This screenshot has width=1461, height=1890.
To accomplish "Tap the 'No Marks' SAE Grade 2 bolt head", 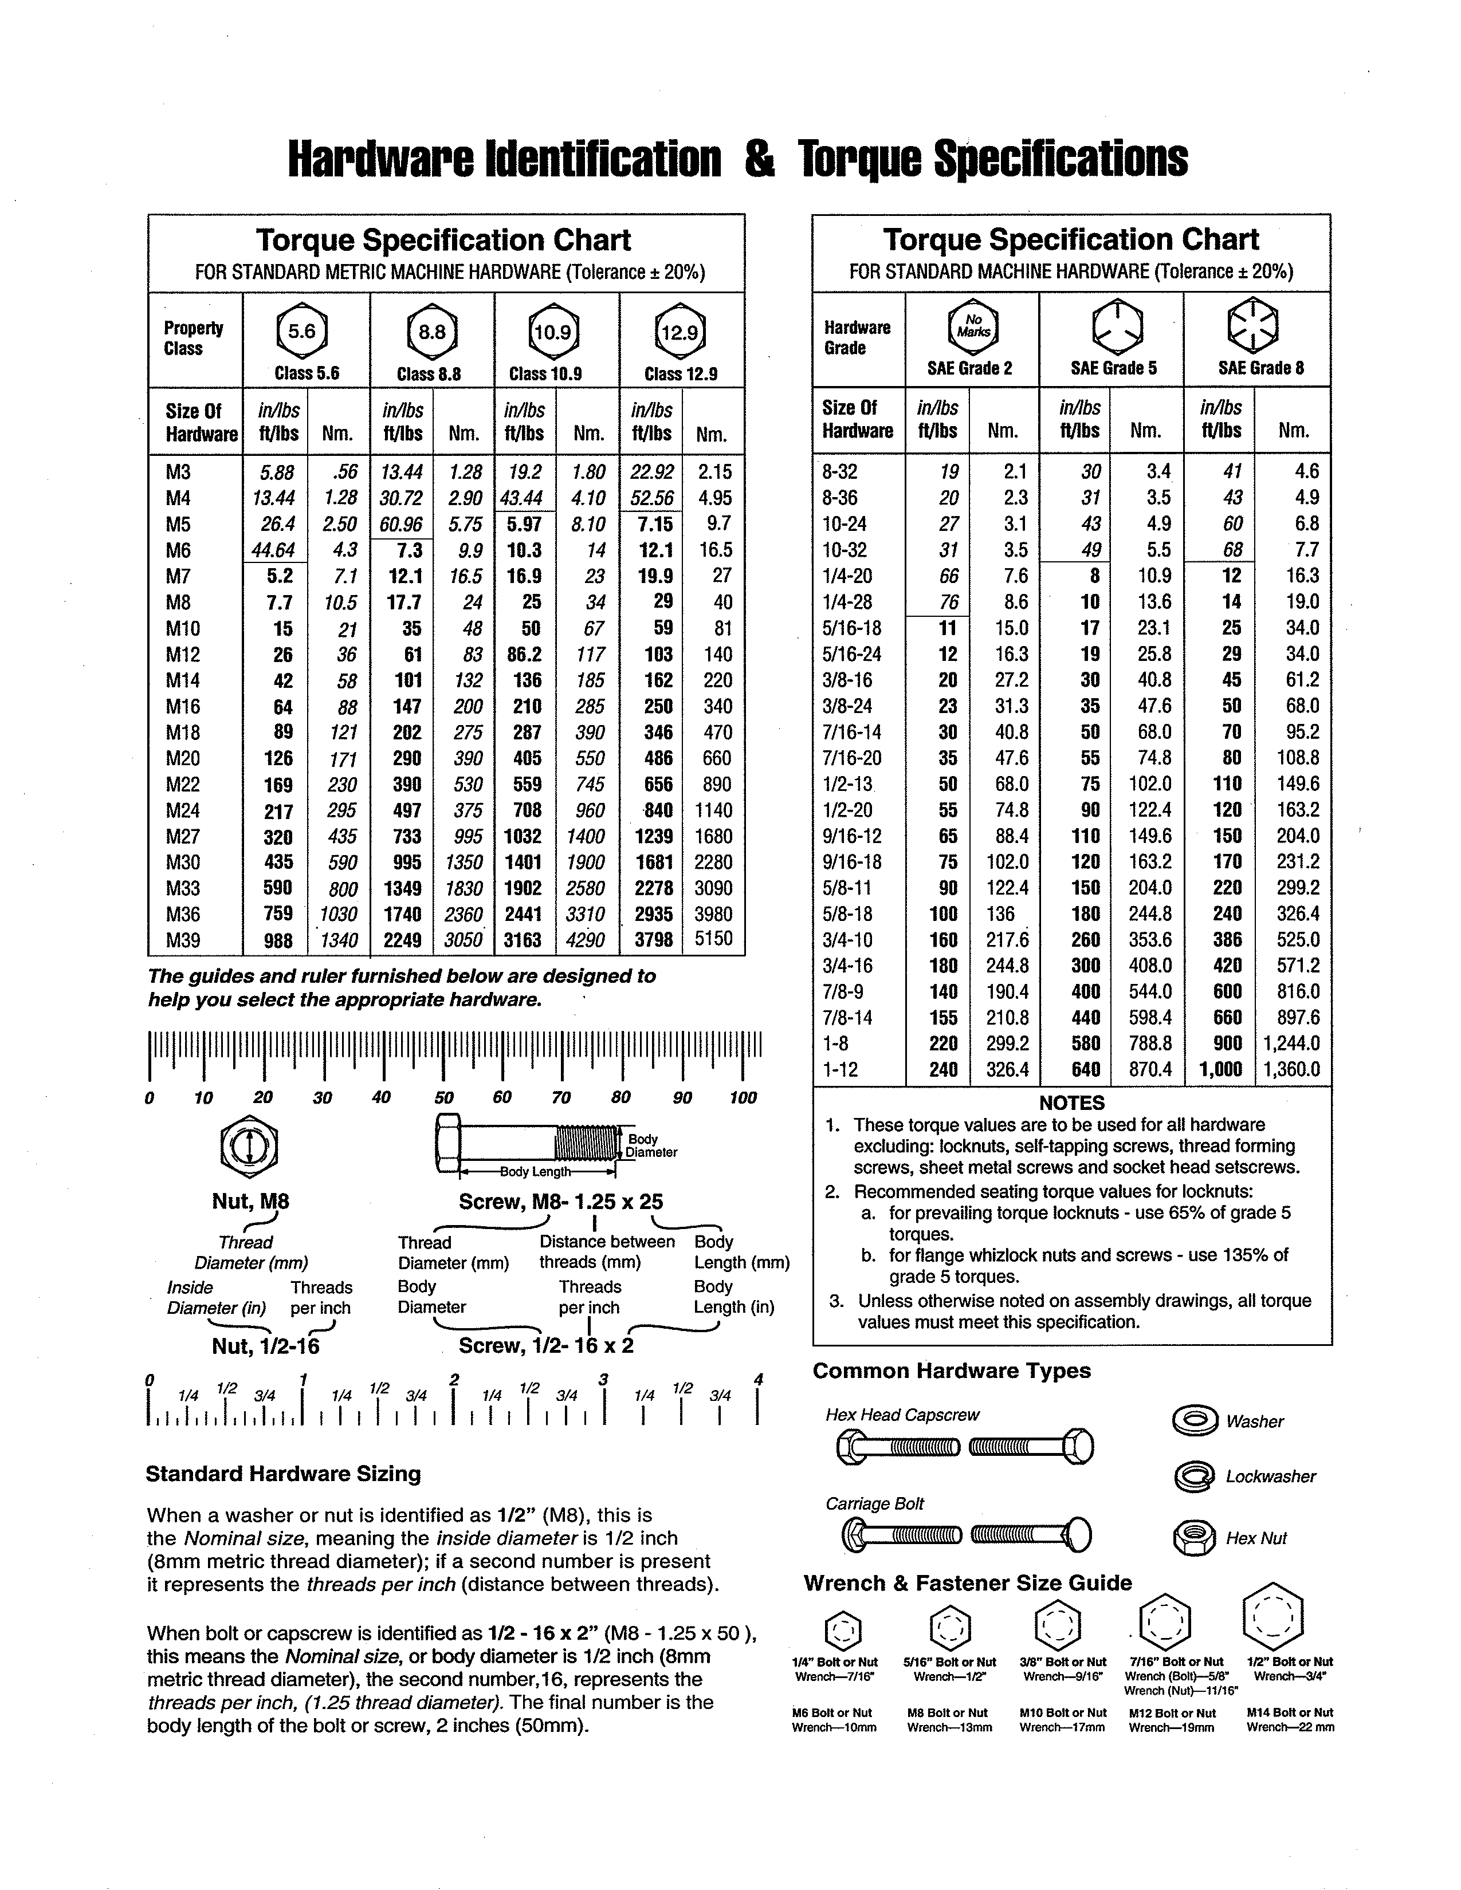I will point(973,326).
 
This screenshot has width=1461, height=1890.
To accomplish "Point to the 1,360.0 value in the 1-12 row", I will point(1291,1070).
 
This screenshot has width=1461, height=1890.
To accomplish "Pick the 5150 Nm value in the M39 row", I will point(713,939).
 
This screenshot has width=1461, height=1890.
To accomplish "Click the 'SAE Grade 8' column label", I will point(1260,368).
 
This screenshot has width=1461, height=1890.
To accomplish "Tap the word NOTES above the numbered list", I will point(1071,1102).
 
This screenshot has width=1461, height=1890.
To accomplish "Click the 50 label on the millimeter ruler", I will point(443,1097).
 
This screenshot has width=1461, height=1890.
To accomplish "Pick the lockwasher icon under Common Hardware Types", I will point(1195,1476).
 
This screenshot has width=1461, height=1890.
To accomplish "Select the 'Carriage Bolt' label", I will point(874,1504).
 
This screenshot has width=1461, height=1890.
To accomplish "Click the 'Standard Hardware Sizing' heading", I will point(283,1474).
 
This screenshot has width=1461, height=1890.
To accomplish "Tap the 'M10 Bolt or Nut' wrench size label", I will point(1063,1712).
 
